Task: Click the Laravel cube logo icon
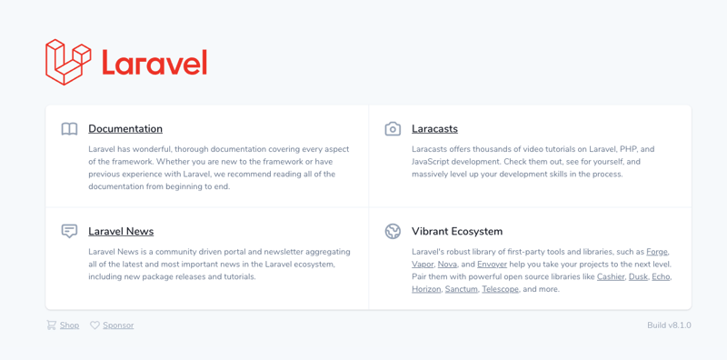click(68, 62)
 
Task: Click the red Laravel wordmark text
click(154, 63)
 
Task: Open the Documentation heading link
click(125, 129)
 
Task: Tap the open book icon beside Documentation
click(69, 129)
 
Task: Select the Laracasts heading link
click(434, 129)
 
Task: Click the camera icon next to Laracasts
click(393, 129)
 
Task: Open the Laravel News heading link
click(121, 232)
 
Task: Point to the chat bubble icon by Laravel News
click(69, 232)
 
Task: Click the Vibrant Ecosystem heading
click(456, 232)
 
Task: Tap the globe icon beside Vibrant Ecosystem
click(393, 232)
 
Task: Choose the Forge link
click(656, 252)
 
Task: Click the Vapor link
click(423, 265)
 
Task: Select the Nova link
click(447, 265)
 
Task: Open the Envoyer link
click(492, 265)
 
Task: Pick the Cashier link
click(611, 277)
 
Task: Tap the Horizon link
click(426, 290)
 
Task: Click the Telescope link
click(500, 290)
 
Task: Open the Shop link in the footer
click(69, 325)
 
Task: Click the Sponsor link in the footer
click(118, 325)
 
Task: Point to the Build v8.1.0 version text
click(669, 325)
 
